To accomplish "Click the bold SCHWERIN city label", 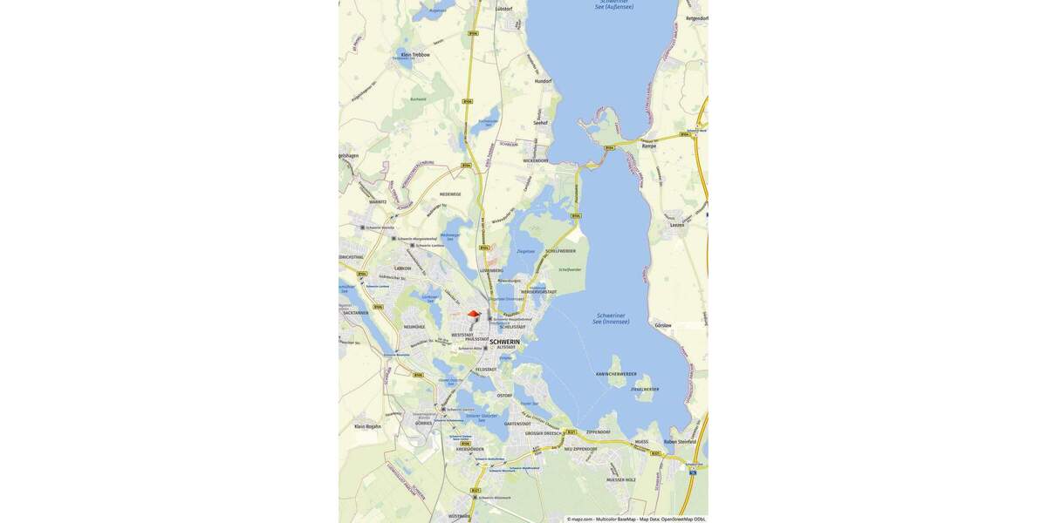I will click(504, 342).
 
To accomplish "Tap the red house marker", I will click(474, 314).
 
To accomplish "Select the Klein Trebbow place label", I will click(415, 54).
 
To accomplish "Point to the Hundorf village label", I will click(543, 80).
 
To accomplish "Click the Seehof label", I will click(540, 123).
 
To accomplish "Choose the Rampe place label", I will click(648, 146).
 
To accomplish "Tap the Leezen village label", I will click(677, 224).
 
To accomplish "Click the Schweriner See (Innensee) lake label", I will click(611, 318).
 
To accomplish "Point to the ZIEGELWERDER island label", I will click(645, 389).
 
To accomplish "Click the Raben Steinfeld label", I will click(681, 442).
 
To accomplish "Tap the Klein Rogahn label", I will click(367, 426).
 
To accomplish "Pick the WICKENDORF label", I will click(536, 160).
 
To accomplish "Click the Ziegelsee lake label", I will click(525, 251).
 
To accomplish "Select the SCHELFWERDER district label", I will click(560, 251).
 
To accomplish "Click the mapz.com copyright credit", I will click(580, 519).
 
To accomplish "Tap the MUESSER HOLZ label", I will click(621, 479).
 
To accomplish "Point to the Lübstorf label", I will click(504, 9).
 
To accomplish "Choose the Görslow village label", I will click(663, 325).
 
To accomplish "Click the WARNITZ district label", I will click(377, 201).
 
